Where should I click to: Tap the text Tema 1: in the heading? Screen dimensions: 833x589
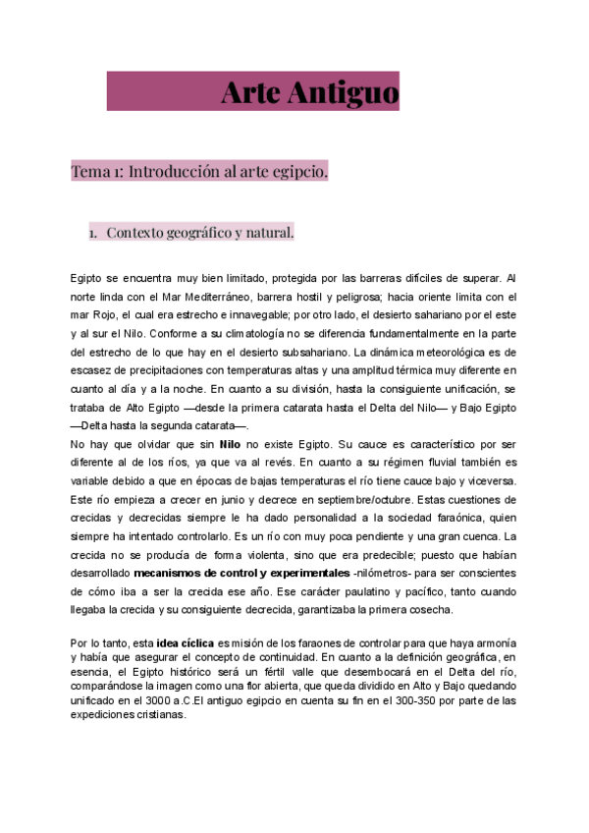tap(97, 171)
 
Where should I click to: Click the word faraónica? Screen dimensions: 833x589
tap(443, 517)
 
